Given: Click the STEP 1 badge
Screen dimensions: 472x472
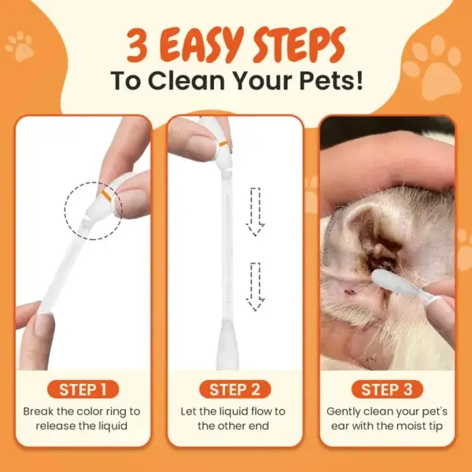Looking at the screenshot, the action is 83,389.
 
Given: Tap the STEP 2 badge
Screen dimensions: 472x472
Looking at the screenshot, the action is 235,389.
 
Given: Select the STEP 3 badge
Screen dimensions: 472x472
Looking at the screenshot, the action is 387,389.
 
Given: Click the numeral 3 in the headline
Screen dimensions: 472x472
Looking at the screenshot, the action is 137,46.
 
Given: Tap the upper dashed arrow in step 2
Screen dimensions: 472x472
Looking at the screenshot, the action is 255,212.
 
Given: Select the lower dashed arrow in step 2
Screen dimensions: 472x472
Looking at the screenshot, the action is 255,287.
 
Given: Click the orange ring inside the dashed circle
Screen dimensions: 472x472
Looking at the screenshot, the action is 106,195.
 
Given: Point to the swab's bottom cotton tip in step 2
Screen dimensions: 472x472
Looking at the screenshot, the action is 227,345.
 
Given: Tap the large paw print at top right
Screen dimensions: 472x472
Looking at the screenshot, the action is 432,68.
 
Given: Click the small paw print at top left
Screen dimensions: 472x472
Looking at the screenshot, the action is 20,46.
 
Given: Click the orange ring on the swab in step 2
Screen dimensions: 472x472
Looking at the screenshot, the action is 223,144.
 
